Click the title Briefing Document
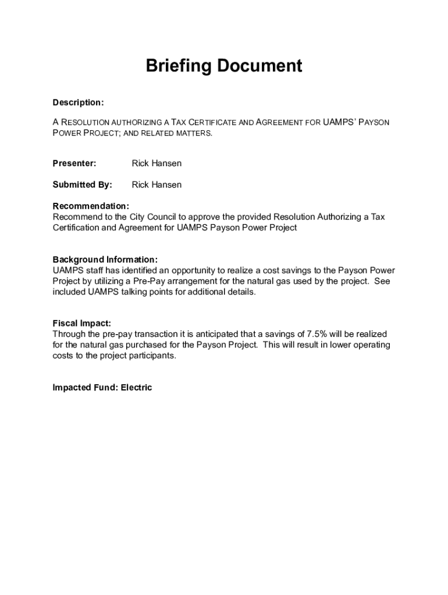[223, 66]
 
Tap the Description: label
[78, 103]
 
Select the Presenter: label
[74, 163]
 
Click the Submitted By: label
[82, 185]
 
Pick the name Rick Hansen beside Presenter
[157, 163]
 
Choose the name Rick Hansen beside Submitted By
[157, 185]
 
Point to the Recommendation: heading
[91, 206]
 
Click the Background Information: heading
[105, 260]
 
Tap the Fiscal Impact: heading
[81, 323]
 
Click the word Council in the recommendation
[162, 217]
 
